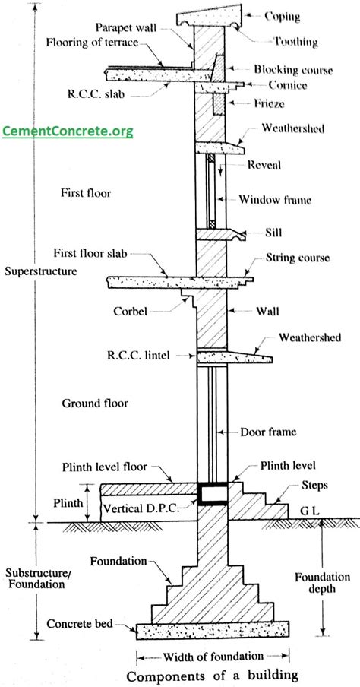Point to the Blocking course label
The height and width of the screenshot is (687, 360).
(x=293, y=70)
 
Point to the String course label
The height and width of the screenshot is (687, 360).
(x=296, y=258)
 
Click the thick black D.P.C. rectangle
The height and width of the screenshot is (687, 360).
(x=211, y=495)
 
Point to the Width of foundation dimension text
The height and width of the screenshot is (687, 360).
(x=212, y=656)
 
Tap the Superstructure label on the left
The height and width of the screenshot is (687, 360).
(x=40, y=271)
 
